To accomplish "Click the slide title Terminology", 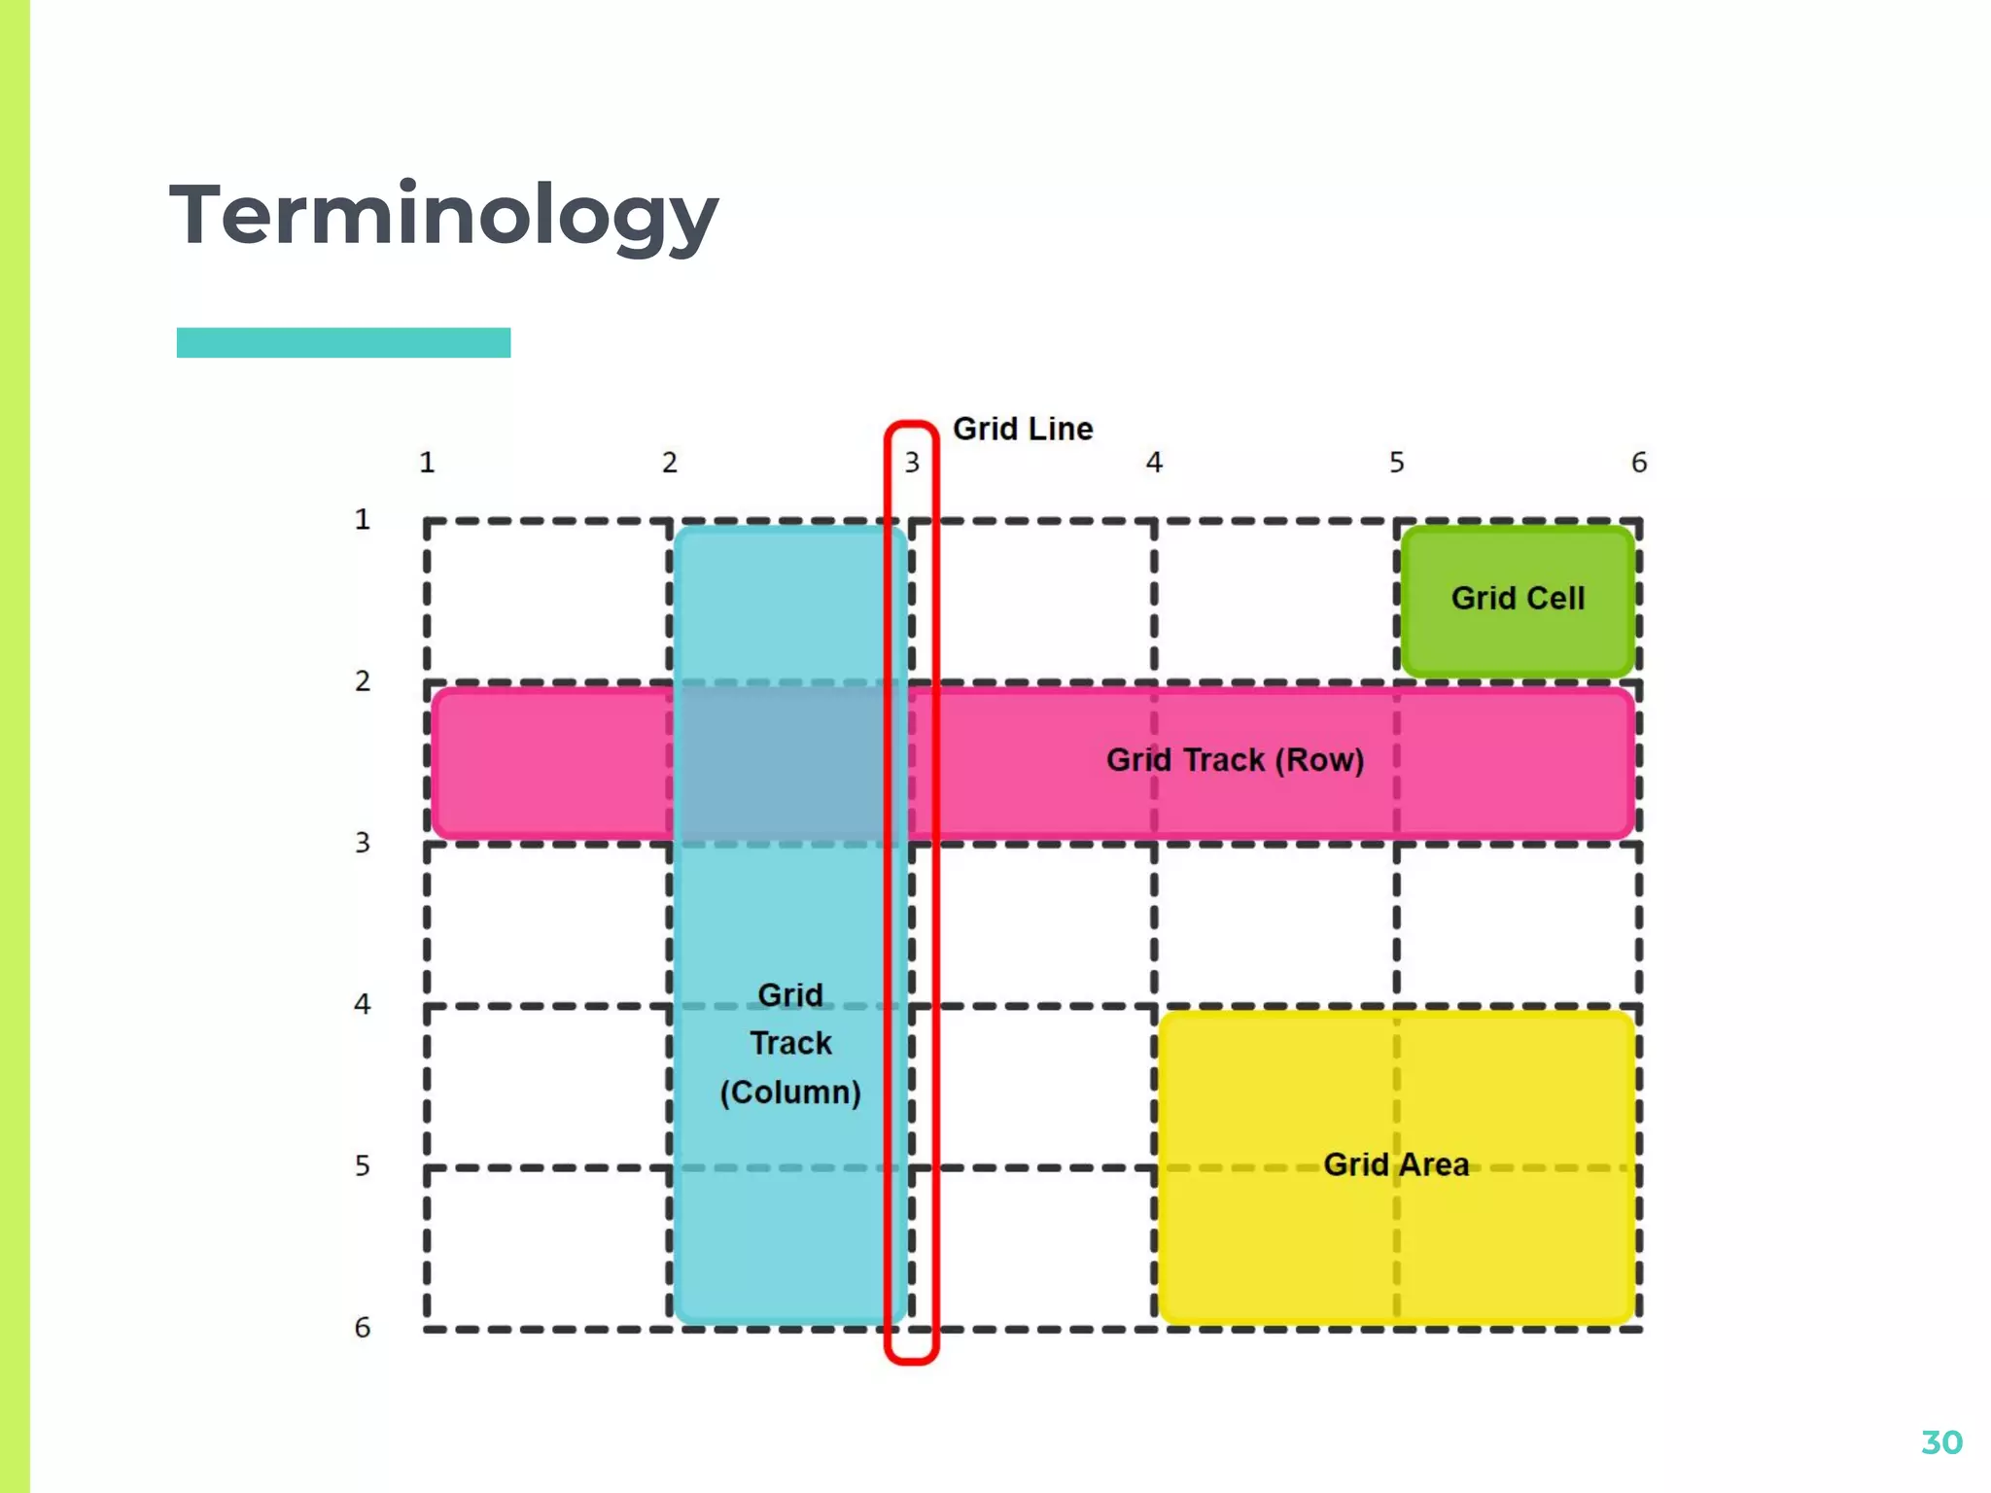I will (x=443, y=216).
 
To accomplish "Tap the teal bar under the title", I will (x=343, y=343).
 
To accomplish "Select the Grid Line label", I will (x=1023, y=429).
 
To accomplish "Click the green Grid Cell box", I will (x=1518, y=599).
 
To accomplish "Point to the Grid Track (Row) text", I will (x=1235, y=760).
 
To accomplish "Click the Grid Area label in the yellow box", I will (x=1396, y=1164).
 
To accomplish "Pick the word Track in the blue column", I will (x=790, y=1043).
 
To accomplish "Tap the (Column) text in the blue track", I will (x=790, y=1093).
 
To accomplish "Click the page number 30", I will (x=1941, y=1442).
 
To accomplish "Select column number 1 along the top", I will (x=427, y=463).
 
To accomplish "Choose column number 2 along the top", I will (x=670, y=463).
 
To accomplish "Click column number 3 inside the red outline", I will (x=912, y=463).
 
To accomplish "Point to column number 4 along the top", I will (x=1154, y=463).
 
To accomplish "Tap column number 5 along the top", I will (x=1396, y=463).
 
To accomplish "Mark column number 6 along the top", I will (x=1639, y=463).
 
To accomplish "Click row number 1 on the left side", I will (x=363, y=520).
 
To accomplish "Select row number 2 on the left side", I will (x=363, y=681).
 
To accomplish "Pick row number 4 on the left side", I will (x=363, y=1004).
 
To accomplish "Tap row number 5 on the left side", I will (x=363, y=1165).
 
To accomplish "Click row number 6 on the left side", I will (x=363, y=1328).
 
